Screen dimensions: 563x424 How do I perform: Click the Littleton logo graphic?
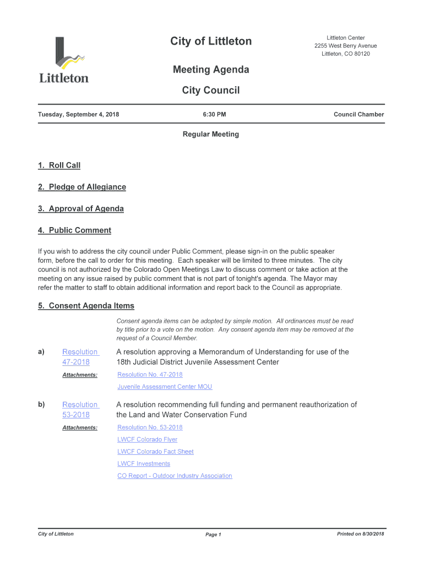63,59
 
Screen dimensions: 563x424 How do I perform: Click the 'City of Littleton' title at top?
211,41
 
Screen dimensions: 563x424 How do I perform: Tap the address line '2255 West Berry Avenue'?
346,46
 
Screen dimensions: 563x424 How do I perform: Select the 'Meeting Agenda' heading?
211,70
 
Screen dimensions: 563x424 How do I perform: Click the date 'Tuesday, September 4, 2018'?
78,115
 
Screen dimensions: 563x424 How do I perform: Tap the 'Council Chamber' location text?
358,115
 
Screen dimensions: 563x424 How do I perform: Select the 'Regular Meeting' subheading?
211,134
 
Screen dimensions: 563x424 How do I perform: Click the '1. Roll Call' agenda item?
59,165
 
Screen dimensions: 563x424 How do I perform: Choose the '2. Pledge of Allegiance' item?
81,187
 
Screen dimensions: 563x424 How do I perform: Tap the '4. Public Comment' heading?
74,230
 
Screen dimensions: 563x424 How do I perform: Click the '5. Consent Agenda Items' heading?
86,306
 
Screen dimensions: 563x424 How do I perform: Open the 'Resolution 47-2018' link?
80,357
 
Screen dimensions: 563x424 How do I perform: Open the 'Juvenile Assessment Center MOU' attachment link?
165,387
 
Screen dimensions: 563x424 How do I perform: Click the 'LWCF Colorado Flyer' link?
147,440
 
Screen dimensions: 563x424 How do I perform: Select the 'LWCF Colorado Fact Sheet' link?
155,452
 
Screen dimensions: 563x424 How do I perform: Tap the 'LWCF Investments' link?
144,464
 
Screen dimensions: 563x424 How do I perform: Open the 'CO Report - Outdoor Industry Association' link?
175,476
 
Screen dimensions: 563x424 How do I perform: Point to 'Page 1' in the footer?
213,535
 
